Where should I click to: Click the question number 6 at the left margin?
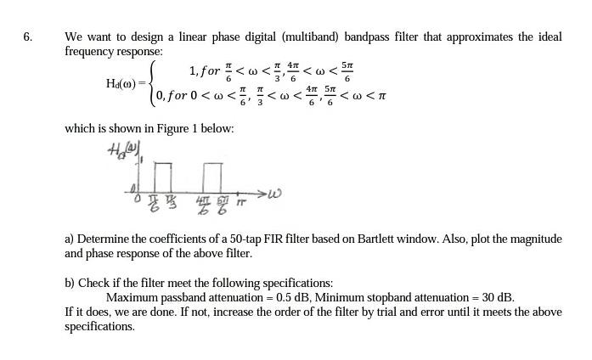point(27,37)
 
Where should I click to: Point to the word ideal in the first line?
point(544,37)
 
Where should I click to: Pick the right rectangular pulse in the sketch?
point(211,176)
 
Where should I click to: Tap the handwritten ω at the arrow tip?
point(272,194)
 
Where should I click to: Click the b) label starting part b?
point(70,283)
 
